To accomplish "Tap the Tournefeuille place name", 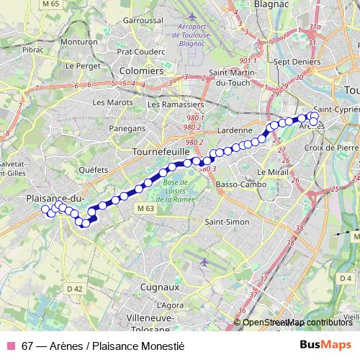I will [x=161, y=153].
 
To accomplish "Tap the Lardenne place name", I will [x=230, y=130].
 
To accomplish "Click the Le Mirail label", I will [x=271, y=174].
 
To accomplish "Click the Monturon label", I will [x=80, y=42].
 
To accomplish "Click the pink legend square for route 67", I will [x=11, y=346].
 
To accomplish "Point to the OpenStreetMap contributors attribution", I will [x=297, y=323].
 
